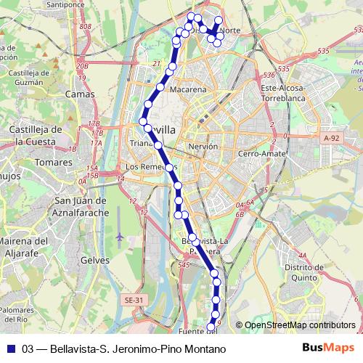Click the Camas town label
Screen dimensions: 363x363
(x=80, y=94)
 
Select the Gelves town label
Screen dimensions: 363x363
(x=96, y=260)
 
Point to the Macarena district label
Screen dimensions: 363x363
(x=189, y=89)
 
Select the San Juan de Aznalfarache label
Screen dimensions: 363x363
(x=81, y=206)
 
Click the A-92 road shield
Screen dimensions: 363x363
(x=332, y=137)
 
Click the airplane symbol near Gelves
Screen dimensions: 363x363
(x=119, y=237)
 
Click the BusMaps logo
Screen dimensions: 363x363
(x=327, y=348)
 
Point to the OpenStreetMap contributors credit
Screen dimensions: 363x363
(x=299, y=325)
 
